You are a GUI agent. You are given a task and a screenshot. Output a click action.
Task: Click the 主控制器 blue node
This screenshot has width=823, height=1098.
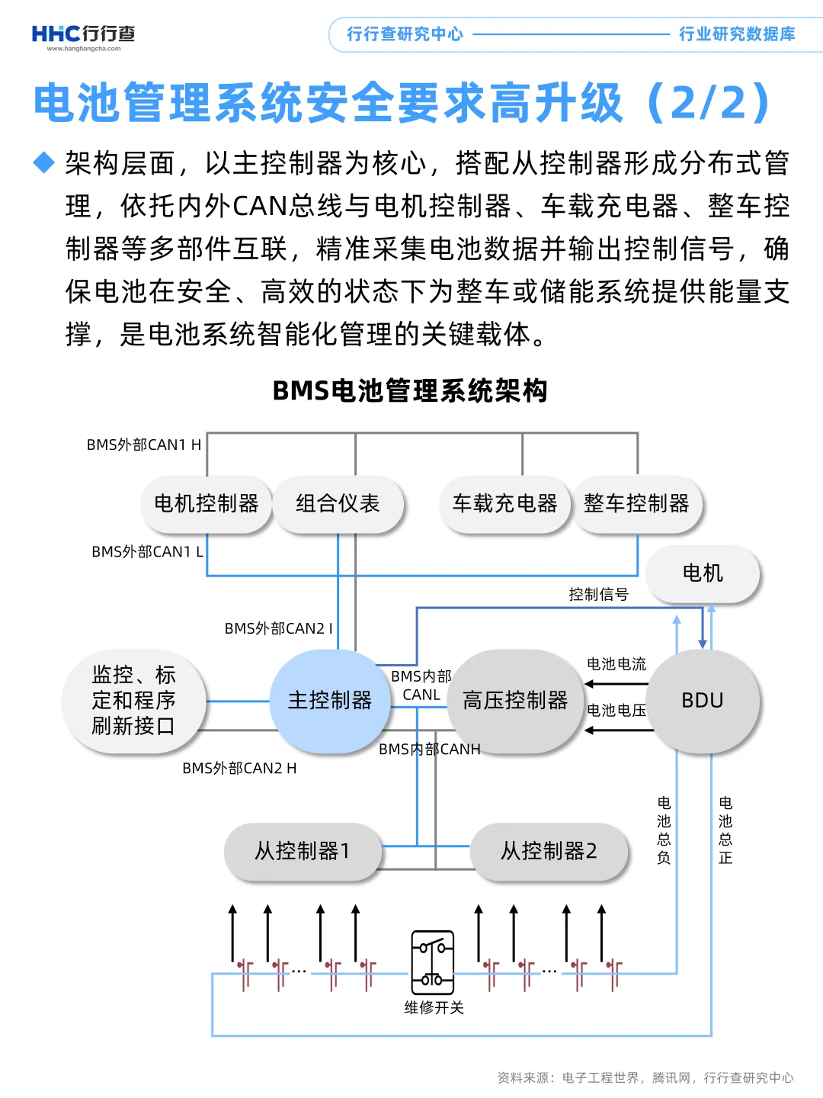(x=329, y=701)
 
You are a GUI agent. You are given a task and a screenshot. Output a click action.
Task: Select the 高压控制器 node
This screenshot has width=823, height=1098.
(x=516, y=701)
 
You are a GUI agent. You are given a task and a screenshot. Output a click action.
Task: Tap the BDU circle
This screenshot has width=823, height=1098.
(x=702, y=701)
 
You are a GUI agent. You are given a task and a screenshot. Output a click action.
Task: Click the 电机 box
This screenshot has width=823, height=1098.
(x=702, y=573)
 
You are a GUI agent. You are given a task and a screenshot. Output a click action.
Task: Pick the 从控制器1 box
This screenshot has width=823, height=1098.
(x=303, y=851)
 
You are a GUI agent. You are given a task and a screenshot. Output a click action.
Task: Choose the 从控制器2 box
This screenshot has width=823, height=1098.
(x=549, y=851)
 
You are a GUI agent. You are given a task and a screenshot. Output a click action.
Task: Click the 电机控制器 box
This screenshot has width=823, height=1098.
(x=207, y=503)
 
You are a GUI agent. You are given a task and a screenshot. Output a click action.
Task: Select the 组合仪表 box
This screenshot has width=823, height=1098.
(x=338, y=503)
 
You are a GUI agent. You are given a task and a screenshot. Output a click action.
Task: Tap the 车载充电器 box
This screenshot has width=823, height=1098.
(x=504, y=503)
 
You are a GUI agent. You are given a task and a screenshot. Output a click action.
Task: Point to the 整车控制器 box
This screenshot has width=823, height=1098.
(x=636, y=503)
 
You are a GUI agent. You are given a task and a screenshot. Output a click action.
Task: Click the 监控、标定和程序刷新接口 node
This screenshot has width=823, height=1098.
(x=134, y=701)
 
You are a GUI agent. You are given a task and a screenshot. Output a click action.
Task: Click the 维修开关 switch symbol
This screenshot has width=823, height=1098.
(x=432, y=962)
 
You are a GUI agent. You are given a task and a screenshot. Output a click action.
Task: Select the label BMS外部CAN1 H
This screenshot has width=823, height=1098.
(x=144, y=445)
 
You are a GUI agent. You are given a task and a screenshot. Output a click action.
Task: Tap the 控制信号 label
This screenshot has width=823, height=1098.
(x=598, y=595)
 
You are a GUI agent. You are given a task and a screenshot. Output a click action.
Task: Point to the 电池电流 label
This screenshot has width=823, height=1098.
(x=616, y=664)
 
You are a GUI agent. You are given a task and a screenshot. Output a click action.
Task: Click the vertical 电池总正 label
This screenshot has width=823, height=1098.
(x=725, y=830)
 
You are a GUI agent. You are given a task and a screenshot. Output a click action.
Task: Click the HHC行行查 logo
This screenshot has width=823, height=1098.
(x=83, y=35)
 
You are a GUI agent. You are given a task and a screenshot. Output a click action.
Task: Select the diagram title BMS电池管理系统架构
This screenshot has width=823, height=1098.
(x=410, y=390)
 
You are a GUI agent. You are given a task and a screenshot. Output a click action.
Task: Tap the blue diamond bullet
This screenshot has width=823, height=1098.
(x=44, y=162)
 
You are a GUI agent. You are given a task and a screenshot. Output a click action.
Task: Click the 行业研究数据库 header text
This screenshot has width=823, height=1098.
(x=737, y=34)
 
